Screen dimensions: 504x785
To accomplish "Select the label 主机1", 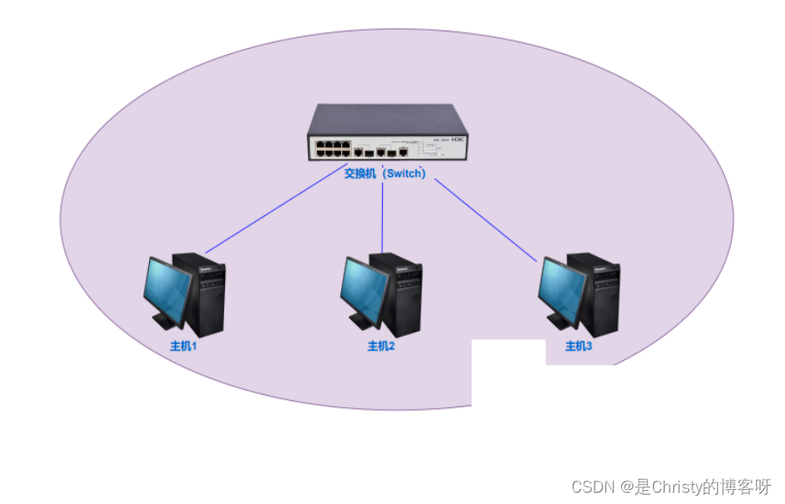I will [184, 346].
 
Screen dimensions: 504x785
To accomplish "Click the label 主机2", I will [381, 346].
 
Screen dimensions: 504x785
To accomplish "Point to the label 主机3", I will [578, 346].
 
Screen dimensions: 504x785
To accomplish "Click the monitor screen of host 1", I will [171, 288].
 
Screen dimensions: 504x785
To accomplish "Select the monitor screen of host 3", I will [563, 288].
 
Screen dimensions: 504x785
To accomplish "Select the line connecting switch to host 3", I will [486, 220].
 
